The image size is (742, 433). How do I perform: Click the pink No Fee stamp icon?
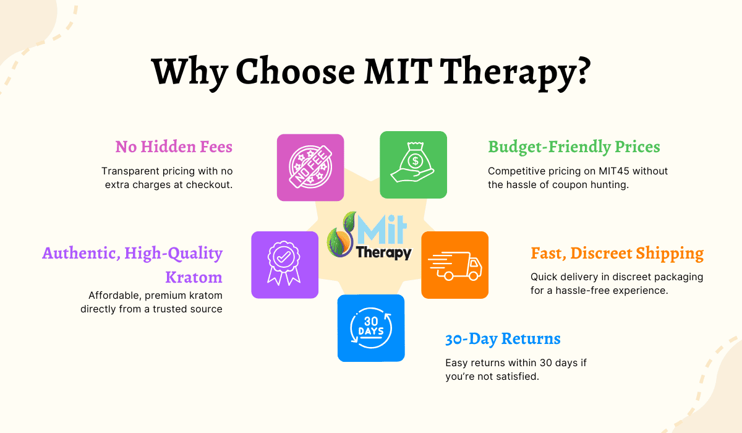pyautogui.click(x=310, y=168)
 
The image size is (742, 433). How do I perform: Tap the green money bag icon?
pyautogui.click(x=413, y=165)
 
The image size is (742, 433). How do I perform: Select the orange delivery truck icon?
pyautogui.click(x=454, y=265)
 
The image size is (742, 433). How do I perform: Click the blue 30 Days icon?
pyautogui.click(x=371, y=328)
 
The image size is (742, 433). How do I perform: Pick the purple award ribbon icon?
pyautogui.click(x=284, y=265)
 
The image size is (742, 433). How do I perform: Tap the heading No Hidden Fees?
pyautogui.click(x=174, y=147)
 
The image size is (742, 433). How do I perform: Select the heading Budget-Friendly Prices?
pyautogui.click(x=574, y=147)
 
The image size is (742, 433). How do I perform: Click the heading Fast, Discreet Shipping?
pyautogui.click(x=617, y=253)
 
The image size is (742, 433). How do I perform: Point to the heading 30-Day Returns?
pyautogui.click(x=503, y=339)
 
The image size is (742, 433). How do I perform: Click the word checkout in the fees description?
pyautogui.click(x=208, y=184)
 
